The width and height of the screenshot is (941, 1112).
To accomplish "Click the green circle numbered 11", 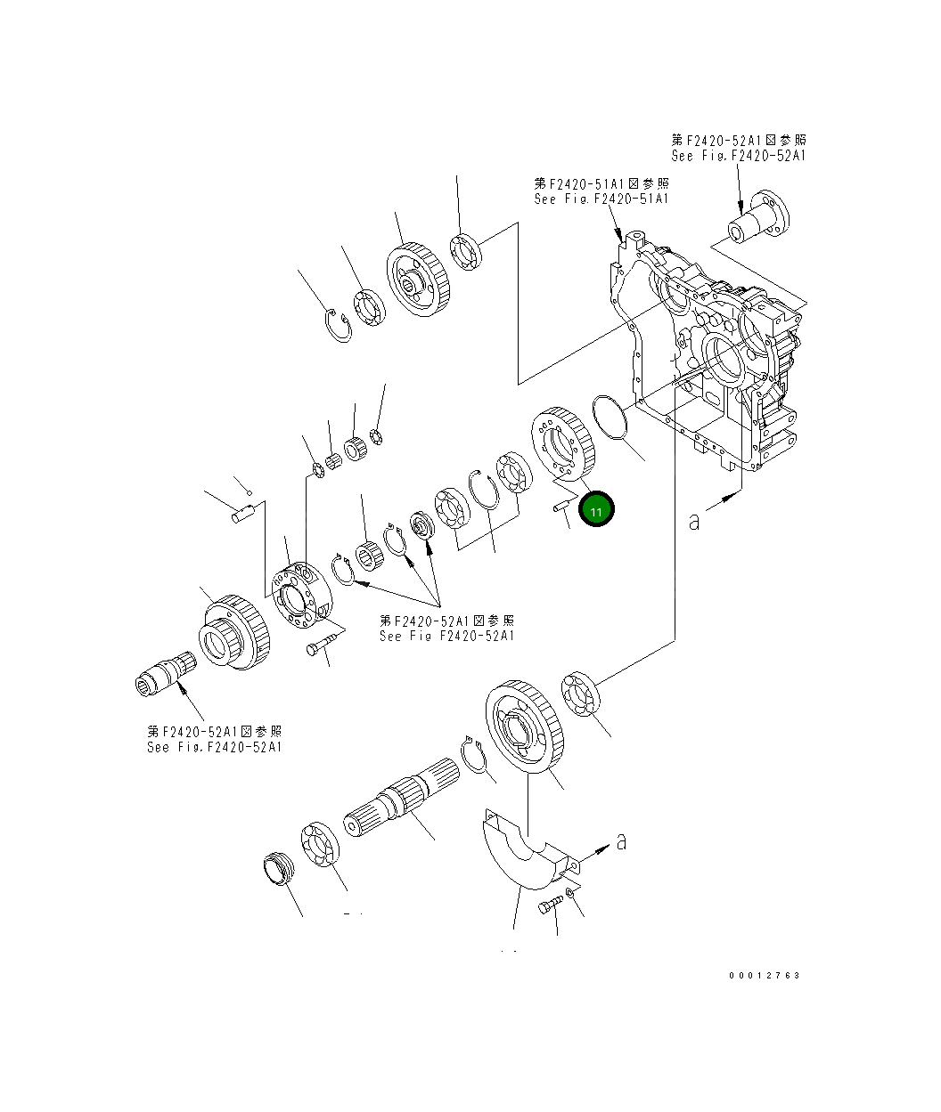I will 596,510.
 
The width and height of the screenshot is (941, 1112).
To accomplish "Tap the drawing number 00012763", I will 764,975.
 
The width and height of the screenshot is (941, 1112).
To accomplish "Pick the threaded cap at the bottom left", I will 279,871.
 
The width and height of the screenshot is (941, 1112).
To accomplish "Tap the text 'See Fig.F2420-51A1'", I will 601,199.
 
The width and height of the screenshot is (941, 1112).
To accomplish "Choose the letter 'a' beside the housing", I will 694,521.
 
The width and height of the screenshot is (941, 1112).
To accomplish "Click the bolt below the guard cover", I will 547,905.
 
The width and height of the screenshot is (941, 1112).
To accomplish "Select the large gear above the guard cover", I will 522,726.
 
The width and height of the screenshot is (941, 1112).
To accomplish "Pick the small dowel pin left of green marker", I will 561,507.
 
